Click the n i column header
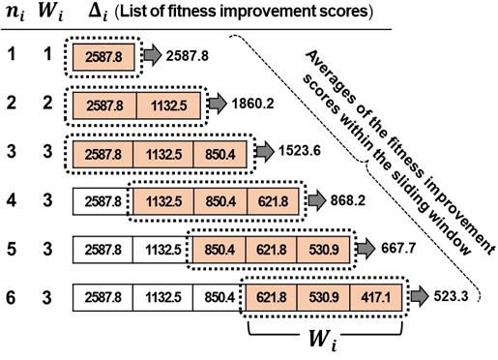[18, 15]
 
